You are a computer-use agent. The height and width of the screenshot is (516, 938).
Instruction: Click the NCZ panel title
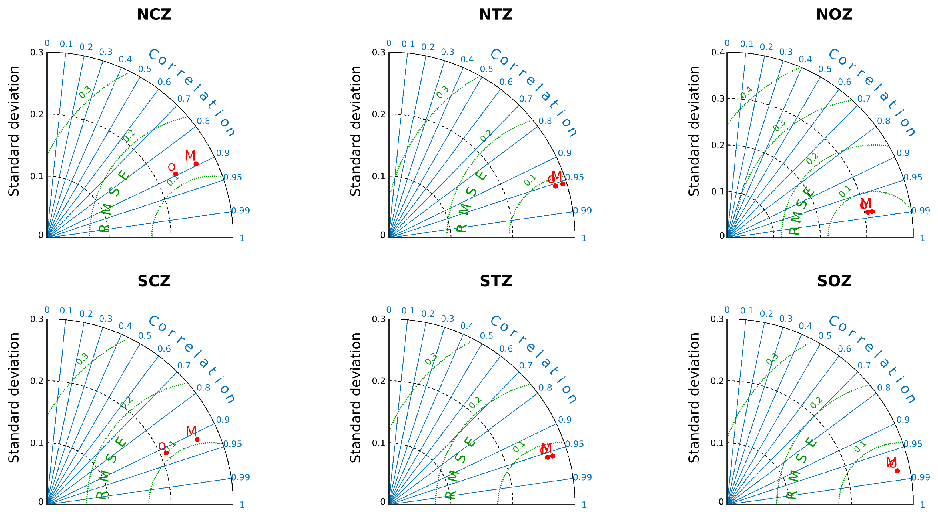[154, 15]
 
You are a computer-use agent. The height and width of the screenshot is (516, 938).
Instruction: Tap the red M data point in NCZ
[196, 164]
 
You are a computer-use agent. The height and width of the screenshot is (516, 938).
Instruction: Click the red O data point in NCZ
[175, 174]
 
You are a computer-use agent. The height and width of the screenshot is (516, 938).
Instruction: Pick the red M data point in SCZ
[197, 440]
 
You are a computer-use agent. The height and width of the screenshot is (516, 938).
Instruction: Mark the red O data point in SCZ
[166, 453]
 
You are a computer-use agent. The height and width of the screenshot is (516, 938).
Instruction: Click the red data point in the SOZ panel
[897, 471]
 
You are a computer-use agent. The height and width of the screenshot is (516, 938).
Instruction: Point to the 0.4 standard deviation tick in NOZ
[718, 53]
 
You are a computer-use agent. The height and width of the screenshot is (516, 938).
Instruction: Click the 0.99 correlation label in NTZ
[582, 211]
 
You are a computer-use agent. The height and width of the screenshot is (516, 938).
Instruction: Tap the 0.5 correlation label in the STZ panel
[486, 336]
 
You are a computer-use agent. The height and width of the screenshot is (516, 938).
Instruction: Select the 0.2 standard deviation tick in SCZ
[37, 381]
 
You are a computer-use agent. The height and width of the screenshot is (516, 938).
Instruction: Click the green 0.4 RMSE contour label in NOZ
[746, 92]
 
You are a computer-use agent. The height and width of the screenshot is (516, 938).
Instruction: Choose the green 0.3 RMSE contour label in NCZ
[85, 92]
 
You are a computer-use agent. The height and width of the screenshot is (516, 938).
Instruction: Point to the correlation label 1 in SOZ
[922, 505]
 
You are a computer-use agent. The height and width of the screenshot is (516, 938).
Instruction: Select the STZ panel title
[496, 281]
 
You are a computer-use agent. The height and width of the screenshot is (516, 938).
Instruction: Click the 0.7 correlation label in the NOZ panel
[864, 99]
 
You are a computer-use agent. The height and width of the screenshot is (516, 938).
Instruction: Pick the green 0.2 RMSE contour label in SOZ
[816, 402]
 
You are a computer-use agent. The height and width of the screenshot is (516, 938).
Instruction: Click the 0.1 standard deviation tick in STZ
[379, 443]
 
